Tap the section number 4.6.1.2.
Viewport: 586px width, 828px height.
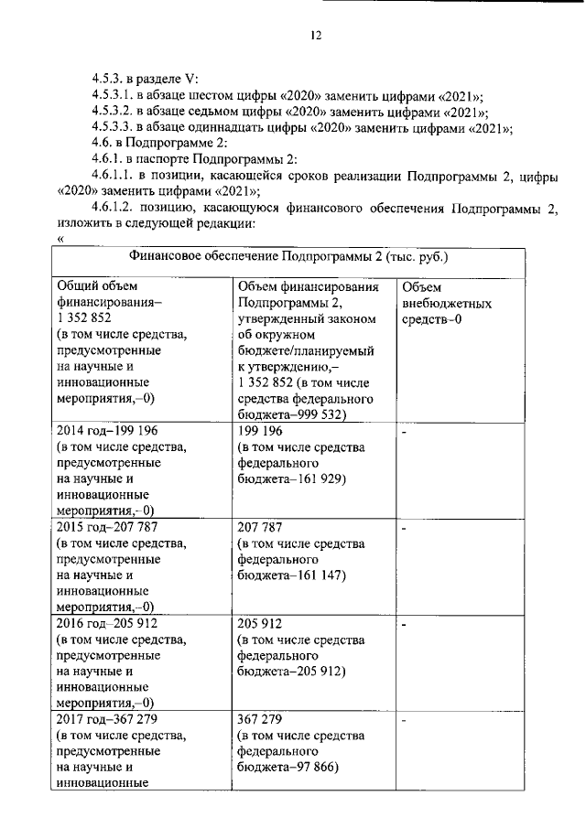[114, 209]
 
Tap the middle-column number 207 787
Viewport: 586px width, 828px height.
[258, 527]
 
